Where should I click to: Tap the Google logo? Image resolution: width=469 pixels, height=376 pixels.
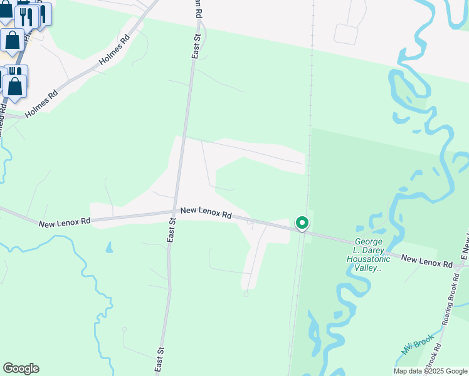tap(21, 368)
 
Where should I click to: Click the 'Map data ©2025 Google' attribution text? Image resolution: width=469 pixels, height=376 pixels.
tap(430, 371)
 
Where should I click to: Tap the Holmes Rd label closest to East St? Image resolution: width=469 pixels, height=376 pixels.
tap(114, 51)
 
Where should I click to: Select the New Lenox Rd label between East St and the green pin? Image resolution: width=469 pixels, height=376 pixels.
tap(206, 213)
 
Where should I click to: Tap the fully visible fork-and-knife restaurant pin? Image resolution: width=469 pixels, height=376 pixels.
tap(26, 16)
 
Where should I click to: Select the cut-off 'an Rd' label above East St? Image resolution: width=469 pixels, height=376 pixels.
tap(198, 9)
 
